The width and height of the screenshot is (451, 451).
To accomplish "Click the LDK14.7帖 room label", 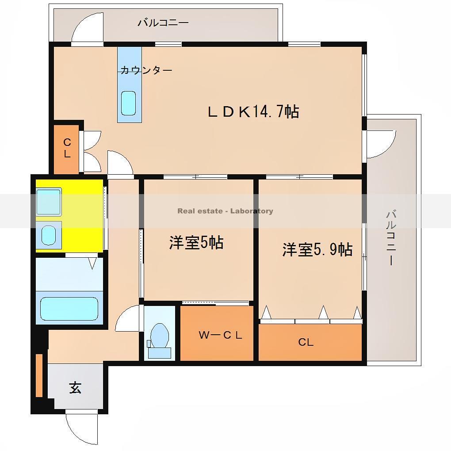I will (253, 111).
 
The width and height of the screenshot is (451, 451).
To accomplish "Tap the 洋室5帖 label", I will (196, 243).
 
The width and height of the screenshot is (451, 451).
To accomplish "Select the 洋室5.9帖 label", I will (317, 250).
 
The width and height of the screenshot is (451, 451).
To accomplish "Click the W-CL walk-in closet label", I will (220, 335).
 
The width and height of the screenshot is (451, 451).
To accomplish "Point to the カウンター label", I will (146, 70).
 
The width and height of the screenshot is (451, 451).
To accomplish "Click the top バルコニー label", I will (163, 23).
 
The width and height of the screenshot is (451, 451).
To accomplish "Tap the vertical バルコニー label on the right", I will (391, 238).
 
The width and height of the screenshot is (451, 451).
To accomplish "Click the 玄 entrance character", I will (75, 388).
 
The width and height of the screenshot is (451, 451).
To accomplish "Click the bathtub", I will (69, 308).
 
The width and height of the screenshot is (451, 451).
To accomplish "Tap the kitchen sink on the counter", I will (129, 103).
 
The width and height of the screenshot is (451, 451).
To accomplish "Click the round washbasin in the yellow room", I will (49, 234).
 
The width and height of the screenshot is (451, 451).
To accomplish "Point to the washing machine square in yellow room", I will (49, 202).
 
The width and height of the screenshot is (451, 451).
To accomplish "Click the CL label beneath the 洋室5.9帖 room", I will (306, 342).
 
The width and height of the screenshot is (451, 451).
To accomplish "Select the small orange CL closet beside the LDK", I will (66, 149).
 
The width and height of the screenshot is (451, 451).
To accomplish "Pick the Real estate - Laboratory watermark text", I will (225, 211).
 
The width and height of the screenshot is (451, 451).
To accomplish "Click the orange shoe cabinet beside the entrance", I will (39, 375).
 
